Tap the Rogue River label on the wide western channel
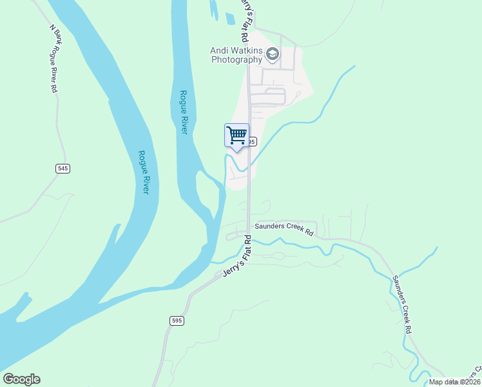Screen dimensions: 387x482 144,173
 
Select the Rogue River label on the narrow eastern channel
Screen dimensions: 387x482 183,112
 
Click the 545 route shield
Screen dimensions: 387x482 63,168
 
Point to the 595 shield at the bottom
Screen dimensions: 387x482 178,321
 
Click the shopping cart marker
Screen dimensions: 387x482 236,135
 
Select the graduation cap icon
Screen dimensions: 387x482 273,54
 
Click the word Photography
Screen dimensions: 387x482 236,59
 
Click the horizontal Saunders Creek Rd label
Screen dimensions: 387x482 284,227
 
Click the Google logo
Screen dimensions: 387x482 21,379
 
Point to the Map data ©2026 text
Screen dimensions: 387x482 454,382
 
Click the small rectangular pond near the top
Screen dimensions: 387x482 230,18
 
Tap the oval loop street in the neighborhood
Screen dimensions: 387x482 267,97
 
